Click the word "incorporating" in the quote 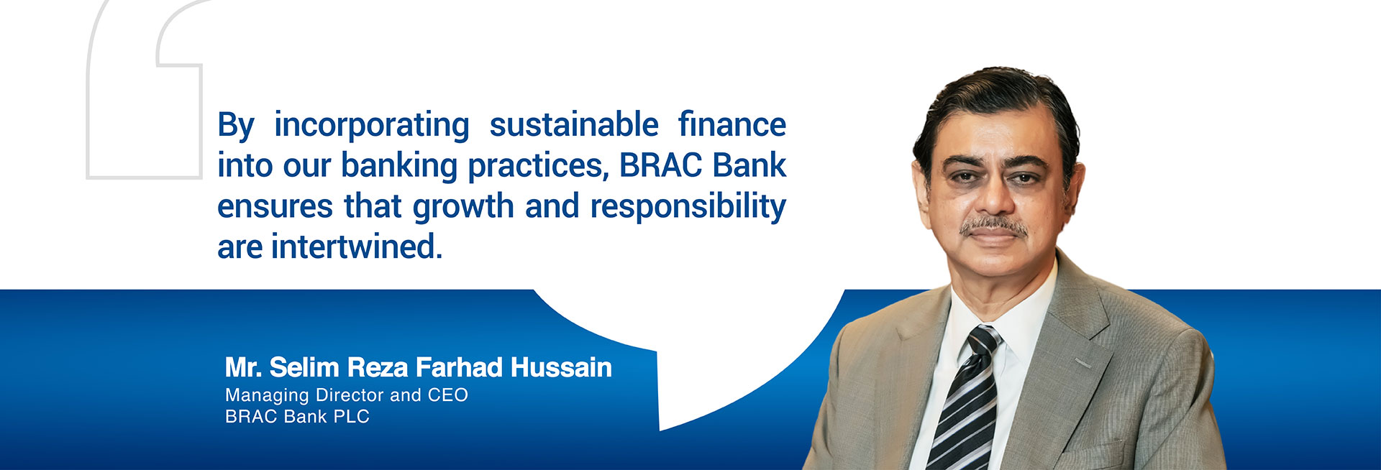point(372,126)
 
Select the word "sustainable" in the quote point(574,124)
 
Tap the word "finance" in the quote point(732,124)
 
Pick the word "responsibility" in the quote point(688,208)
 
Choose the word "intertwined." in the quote point(357,247)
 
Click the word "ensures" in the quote point(275,207)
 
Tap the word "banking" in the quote point(399,167)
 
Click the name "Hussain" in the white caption point(561,367)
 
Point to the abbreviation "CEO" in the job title point(447,395)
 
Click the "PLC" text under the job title point(352,417)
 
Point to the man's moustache point(994,226)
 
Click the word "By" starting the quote point(236,126)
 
